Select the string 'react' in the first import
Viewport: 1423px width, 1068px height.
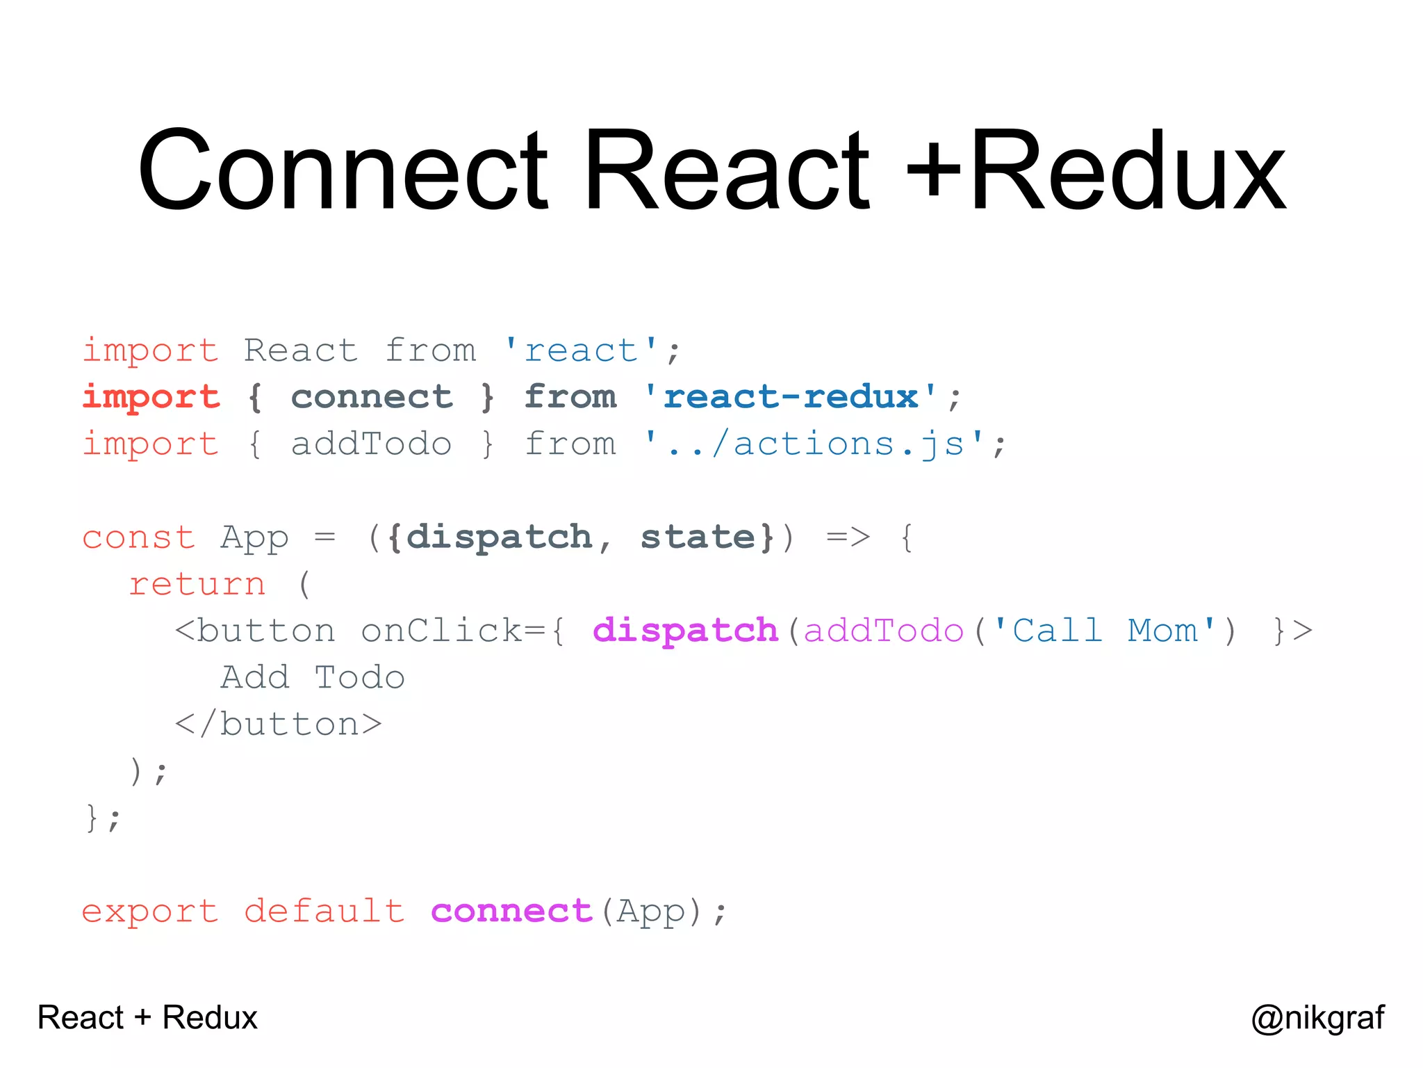coord(580,350)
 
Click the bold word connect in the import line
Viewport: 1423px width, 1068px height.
coord(372,397)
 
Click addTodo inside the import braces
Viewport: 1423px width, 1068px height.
coord(372,444)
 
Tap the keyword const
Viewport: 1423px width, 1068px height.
coord(139,537)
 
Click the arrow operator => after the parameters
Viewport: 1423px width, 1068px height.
coord(848,537)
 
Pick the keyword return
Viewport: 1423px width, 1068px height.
coord(197,584)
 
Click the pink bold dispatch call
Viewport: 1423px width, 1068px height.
coord(685,631)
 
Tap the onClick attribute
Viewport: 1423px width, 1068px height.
coord(442,631)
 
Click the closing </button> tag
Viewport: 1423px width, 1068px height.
coord(279,725)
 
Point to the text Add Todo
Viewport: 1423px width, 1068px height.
coord(313,678)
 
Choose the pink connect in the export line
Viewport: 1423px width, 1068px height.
coord(511,911)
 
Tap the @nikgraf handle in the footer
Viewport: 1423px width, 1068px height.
coord(1317,1018)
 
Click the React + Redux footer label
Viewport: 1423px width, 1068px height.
coord(147,1018)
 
